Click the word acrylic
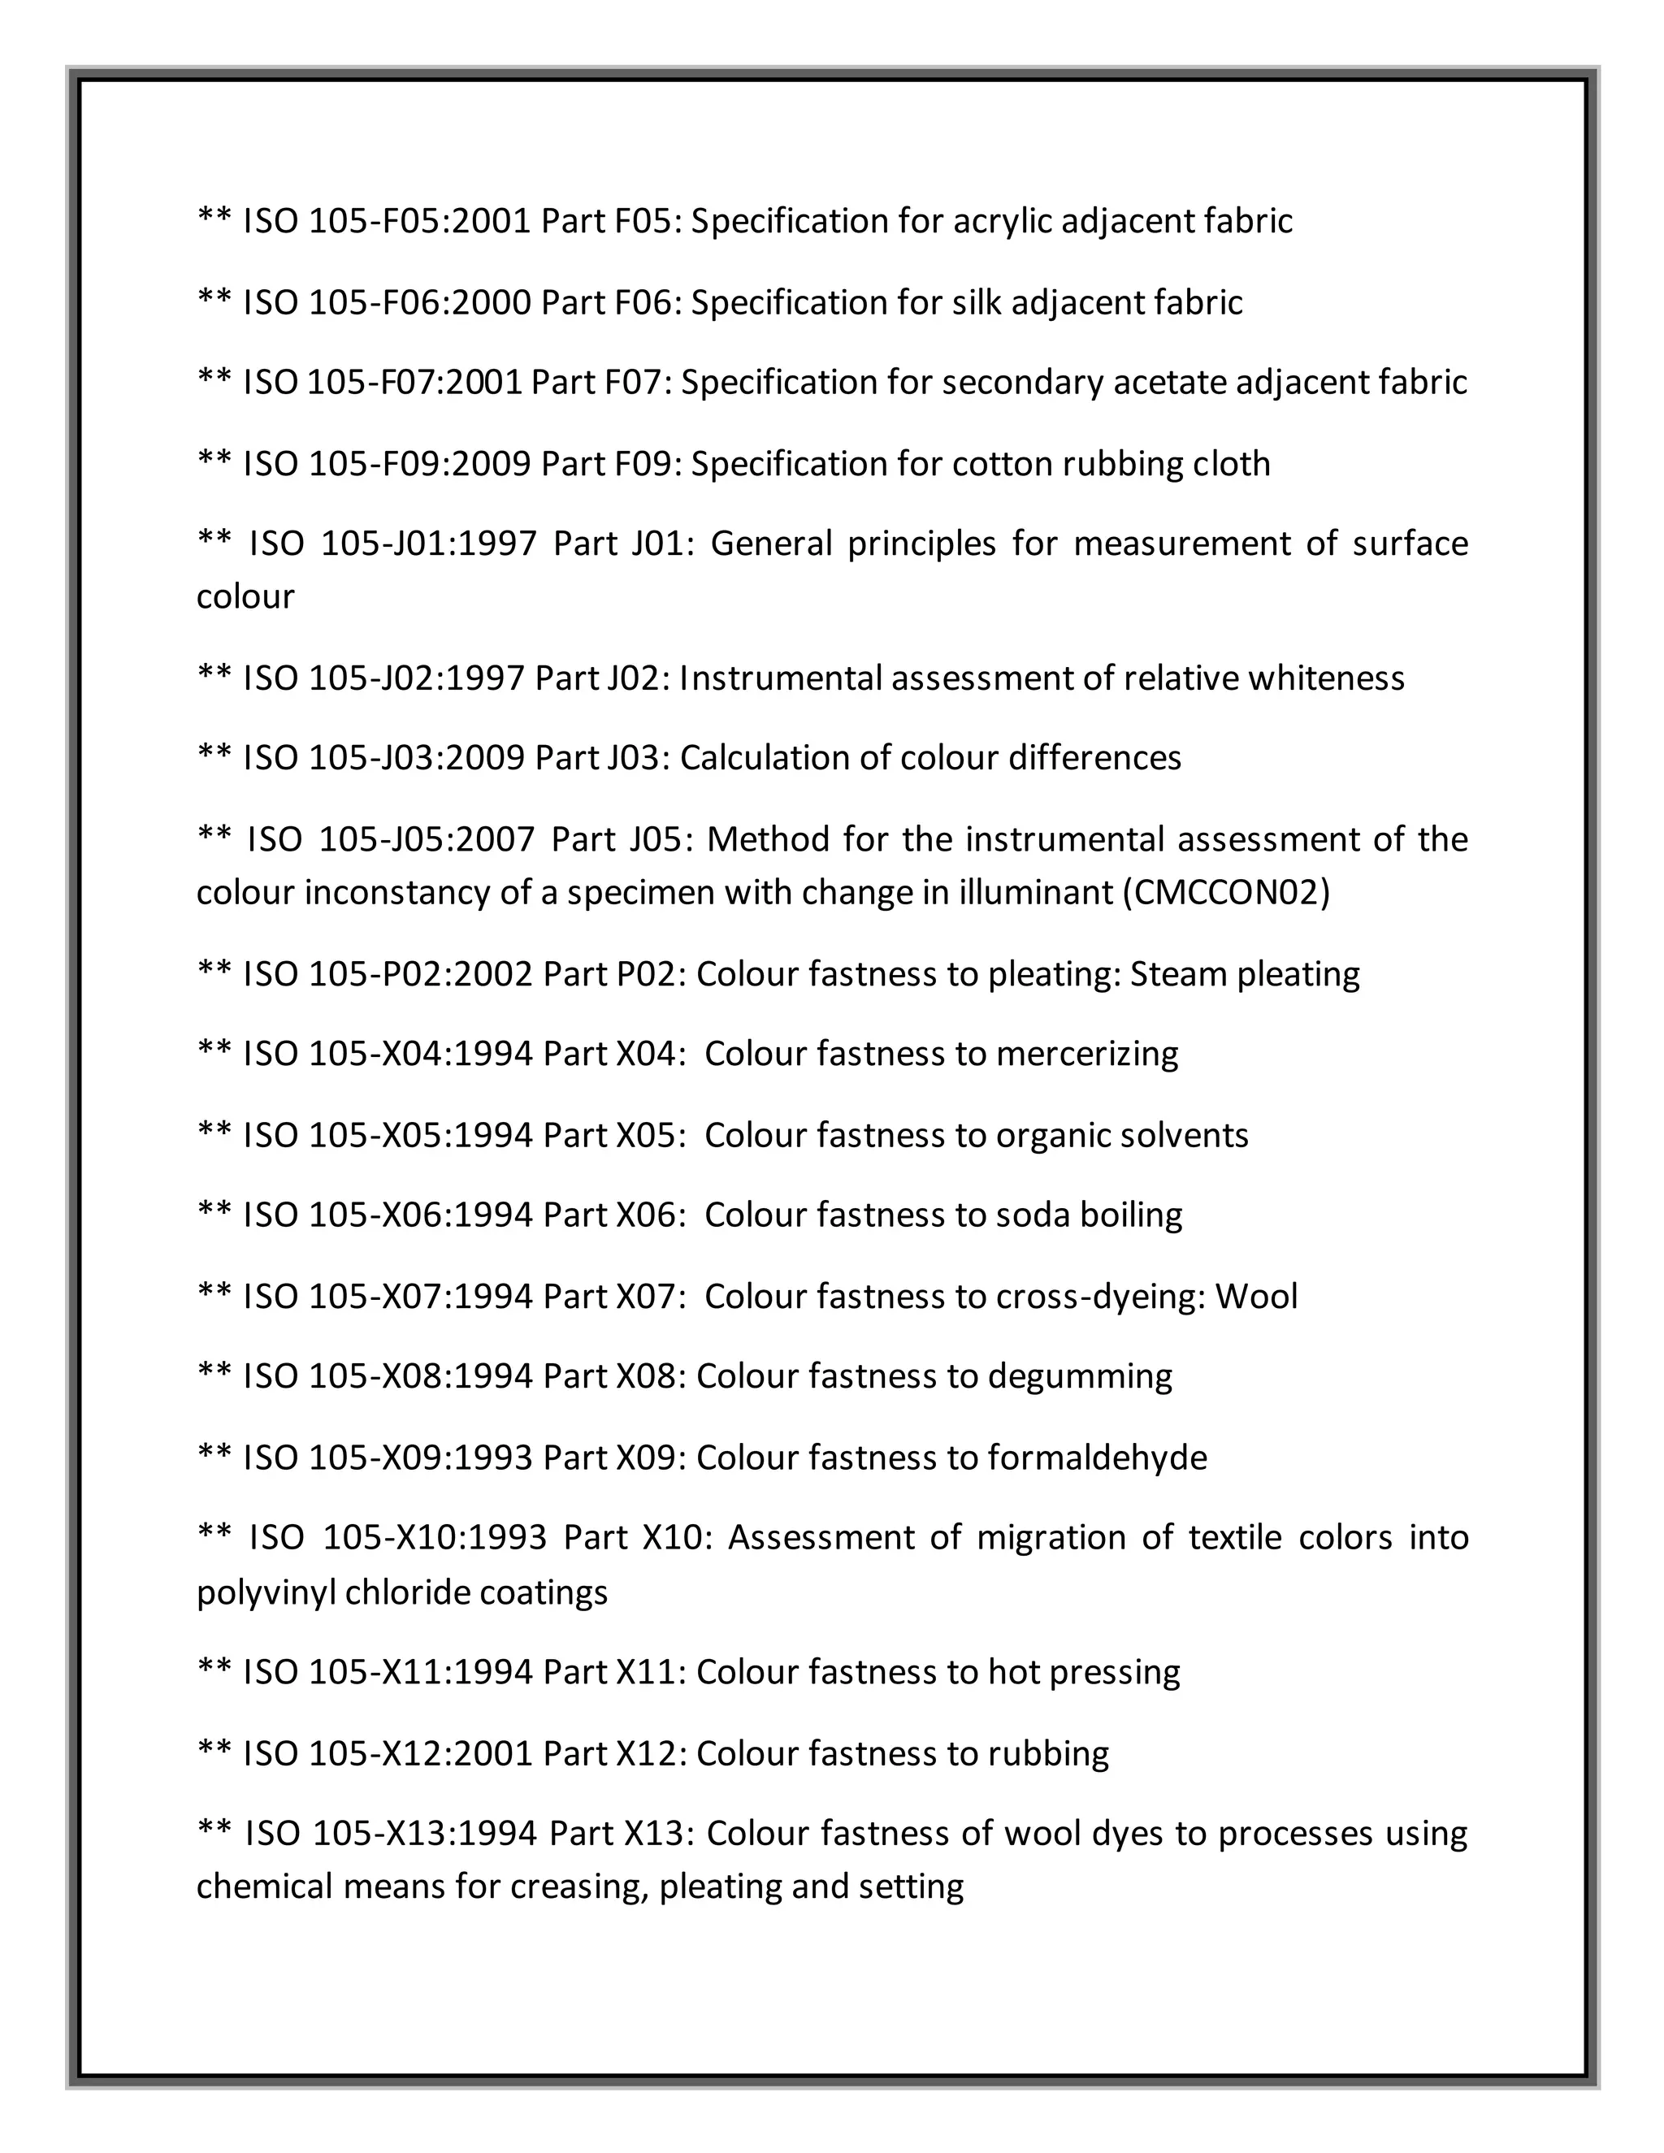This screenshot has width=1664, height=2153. tap(1002, 222)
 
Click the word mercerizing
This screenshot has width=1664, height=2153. tap(1086, 1054)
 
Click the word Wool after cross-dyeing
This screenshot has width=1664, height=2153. tap(1256, 1297)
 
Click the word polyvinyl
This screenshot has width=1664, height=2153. tap(266, 1593)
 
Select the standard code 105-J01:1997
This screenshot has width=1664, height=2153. tap(429, 544)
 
